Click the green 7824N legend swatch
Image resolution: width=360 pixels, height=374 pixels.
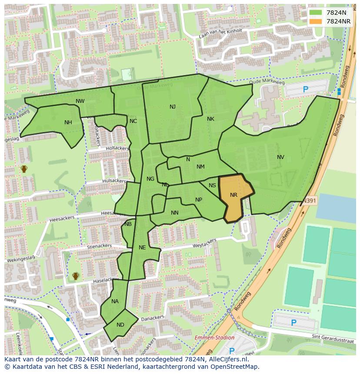pos(315,13)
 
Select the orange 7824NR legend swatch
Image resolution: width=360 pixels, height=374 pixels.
pos(315,21)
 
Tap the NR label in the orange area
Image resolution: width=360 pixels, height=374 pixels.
pos(233,195)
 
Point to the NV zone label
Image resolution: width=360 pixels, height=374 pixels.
pos(280,157)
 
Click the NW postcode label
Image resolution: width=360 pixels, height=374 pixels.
pos(80,101)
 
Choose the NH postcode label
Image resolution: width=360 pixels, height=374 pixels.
pos(68,122)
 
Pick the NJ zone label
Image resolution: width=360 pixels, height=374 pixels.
pos(173,107)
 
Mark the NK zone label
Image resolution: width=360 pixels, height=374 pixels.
pos(210,119)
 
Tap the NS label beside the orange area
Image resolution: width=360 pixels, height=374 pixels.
pos(212,185)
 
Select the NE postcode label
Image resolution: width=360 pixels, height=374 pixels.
pos(142,248)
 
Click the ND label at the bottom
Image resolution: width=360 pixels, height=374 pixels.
pos(120,325)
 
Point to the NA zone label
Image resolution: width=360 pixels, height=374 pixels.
pos(115,301)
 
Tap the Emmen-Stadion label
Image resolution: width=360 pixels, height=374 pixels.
pos(214,338)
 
